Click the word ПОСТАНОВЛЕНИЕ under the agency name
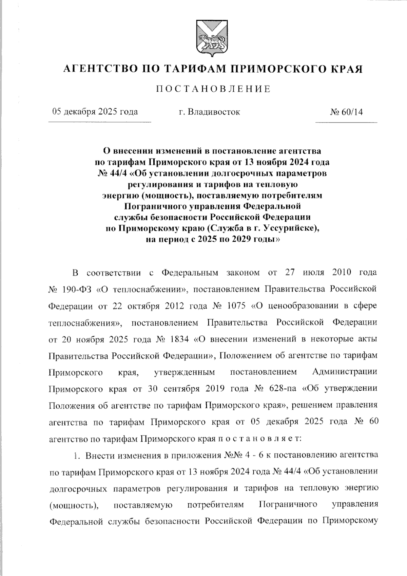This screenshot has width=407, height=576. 213,89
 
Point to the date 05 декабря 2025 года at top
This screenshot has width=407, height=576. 95,112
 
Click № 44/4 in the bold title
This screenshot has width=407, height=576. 111,174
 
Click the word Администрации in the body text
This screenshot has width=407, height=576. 344,372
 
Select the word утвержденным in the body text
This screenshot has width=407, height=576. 185,372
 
